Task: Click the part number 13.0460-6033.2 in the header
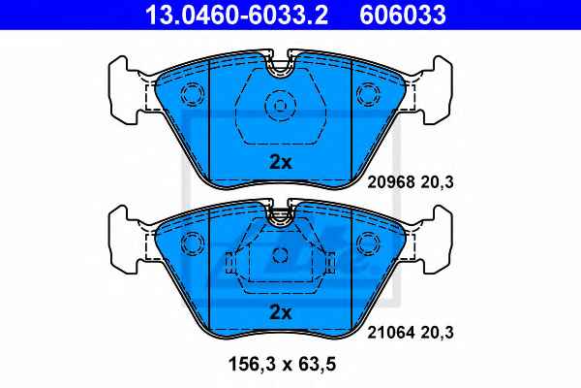pos(236,15)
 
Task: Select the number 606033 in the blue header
pos(403,15)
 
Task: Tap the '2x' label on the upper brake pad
pos(281,162)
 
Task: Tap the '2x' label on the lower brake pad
pos(281,312)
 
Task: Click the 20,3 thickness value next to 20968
pos(438,182)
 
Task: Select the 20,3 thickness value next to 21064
pos(438,333)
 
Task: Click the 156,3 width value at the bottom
pos(253,364)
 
